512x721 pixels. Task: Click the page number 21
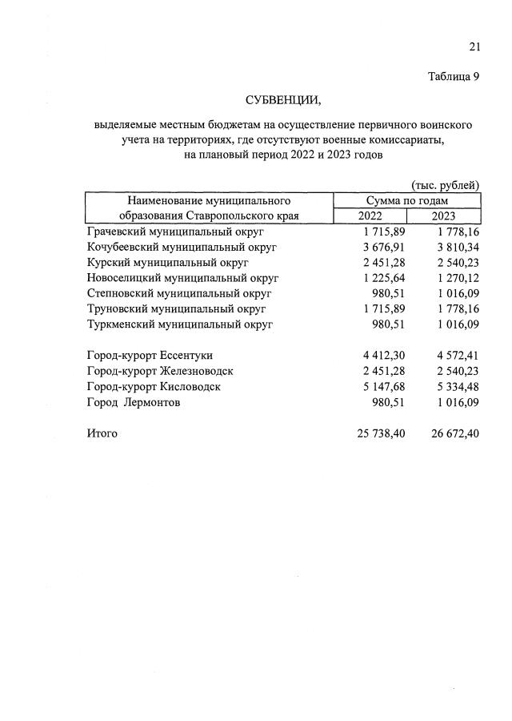tap(474, 47)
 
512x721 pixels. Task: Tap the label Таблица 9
tap(453, 77)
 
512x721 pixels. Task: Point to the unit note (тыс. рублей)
tap(445, 186)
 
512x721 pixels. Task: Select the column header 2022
tap(370, 216)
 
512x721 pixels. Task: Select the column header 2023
tap(443, 216)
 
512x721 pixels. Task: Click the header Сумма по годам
tap(406, 201)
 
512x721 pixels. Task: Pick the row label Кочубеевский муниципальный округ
tap(181, 248)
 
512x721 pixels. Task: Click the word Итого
tap(102, 433)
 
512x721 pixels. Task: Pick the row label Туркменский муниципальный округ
tap(179, 324)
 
